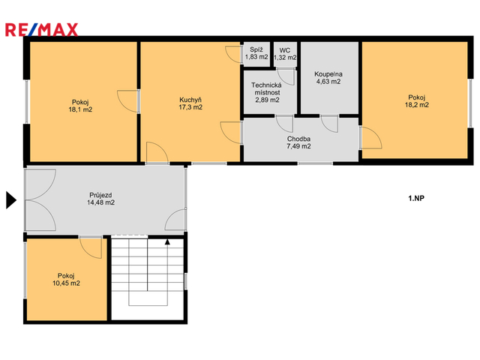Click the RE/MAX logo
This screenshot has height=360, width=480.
click(42, 30)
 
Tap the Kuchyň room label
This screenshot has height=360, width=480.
click(190, 103)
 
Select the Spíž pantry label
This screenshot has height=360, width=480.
click(256, 53)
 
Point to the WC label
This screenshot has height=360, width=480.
click(285, 54)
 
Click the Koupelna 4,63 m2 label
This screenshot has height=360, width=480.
click(328, 78)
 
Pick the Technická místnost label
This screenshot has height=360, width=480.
click(267, 92)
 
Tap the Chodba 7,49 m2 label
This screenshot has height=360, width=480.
click(298, 142)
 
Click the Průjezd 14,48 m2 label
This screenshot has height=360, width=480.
click(100, 199)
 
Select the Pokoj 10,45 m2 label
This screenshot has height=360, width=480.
click(66, 280)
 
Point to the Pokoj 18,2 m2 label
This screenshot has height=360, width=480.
click(417, 101)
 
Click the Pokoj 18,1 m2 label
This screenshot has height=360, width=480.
click(80, 106)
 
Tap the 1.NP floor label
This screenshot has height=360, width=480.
click(416, 198)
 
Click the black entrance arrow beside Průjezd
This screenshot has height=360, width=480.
click(11, 200)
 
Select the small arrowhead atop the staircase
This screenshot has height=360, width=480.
click(167, 241)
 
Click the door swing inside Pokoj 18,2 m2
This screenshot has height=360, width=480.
click(372, 138)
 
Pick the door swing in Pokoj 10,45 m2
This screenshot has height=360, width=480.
click(91, 248)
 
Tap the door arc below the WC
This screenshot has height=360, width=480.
click(286, 77)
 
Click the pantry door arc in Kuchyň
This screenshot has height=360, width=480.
click(233, 55)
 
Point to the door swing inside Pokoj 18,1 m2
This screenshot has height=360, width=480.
click(127, 101)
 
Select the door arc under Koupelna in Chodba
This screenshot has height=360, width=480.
click(329, 124)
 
